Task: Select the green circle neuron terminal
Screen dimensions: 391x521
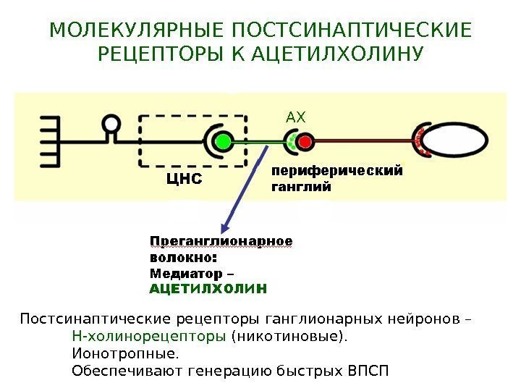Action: coord(223,140)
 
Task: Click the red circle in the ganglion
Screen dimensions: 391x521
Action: coord(306,140)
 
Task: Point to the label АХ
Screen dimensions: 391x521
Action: coord(297,117)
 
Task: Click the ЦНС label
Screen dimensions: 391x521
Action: coord(179,177)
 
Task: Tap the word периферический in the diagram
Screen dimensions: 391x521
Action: coord(336,172)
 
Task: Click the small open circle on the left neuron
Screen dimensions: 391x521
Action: coord(112,125)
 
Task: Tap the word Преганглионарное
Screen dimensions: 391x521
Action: coord(221,240)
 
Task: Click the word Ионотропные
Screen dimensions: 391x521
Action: coord(124,354)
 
